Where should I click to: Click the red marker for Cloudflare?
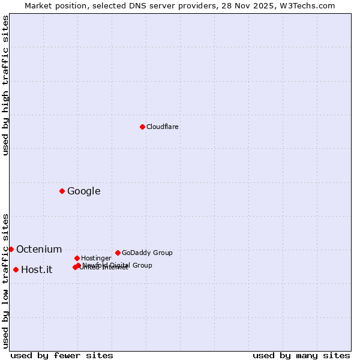tap(142, 127)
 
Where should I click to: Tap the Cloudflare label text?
tap(163, 127)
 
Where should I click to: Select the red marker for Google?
tap(62, 191)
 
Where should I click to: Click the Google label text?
tap(84, 191)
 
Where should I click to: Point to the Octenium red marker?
tap(11, 249)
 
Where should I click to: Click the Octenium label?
tap(39, 250)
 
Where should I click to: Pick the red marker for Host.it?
tap(16, 269)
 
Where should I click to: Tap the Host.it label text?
tap(37, 270)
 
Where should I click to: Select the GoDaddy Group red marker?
tap(118, 253)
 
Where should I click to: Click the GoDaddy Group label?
tap(147, 253)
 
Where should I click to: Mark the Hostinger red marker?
tap(77, 258)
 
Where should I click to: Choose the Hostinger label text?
tap(96, 258)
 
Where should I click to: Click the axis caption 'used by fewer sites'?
tap(62, 355)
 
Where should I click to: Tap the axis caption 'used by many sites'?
tap(301, 355)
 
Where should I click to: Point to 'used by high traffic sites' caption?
tap(5, 86)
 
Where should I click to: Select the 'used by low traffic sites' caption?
tap(5, 280)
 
